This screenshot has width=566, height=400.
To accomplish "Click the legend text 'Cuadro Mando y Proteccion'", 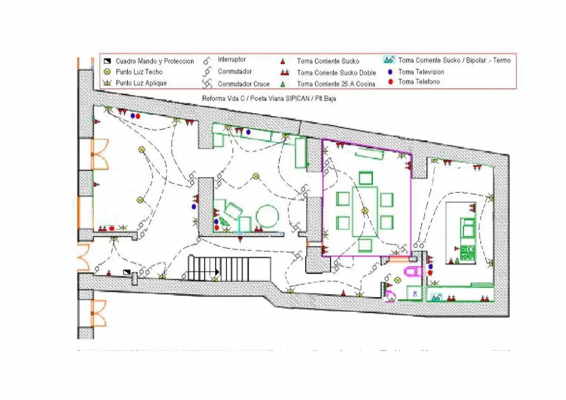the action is point(154,61).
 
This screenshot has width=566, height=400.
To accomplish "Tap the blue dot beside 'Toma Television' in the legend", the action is point(390,72).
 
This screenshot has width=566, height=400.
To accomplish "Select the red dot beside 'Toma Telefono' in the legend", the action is point(390,81).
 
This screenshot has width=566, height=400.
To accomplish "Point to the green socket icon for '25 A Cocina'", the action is point(283,84).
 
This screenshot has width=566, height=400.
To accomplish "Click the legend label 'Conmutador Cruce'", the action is point(244,84).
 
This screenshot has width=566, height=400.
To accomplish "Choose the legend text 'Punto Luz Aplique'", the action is point(141,83).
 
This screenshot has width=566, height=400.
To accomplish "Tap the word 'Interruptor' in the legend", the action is point(232,59).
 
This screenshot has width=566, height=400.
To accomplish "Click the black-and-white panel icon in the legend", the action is point(107,61).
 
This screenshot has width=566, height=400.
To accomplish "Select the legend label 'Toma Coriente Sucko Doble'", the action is point(336,73).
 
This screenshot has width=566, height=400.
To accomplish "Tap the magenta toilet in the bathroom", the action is point(413,271).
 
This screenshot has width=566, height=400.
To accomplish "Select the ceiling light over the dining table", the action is point(364,210).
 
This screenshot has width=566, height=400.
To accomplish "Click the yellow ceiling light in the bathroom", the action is point(397,280).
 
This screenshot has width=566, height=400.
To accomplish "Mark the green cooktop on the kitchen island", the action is point(467,253).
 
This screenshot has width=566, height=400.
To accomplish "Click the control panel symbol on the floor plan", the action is point(127,272).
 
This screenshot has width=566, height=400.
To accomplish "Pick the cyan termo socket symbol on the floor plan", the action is point(436,297).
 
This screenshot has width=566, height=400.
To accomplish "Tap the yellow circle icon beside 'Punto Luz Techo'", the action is point(107,72).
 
